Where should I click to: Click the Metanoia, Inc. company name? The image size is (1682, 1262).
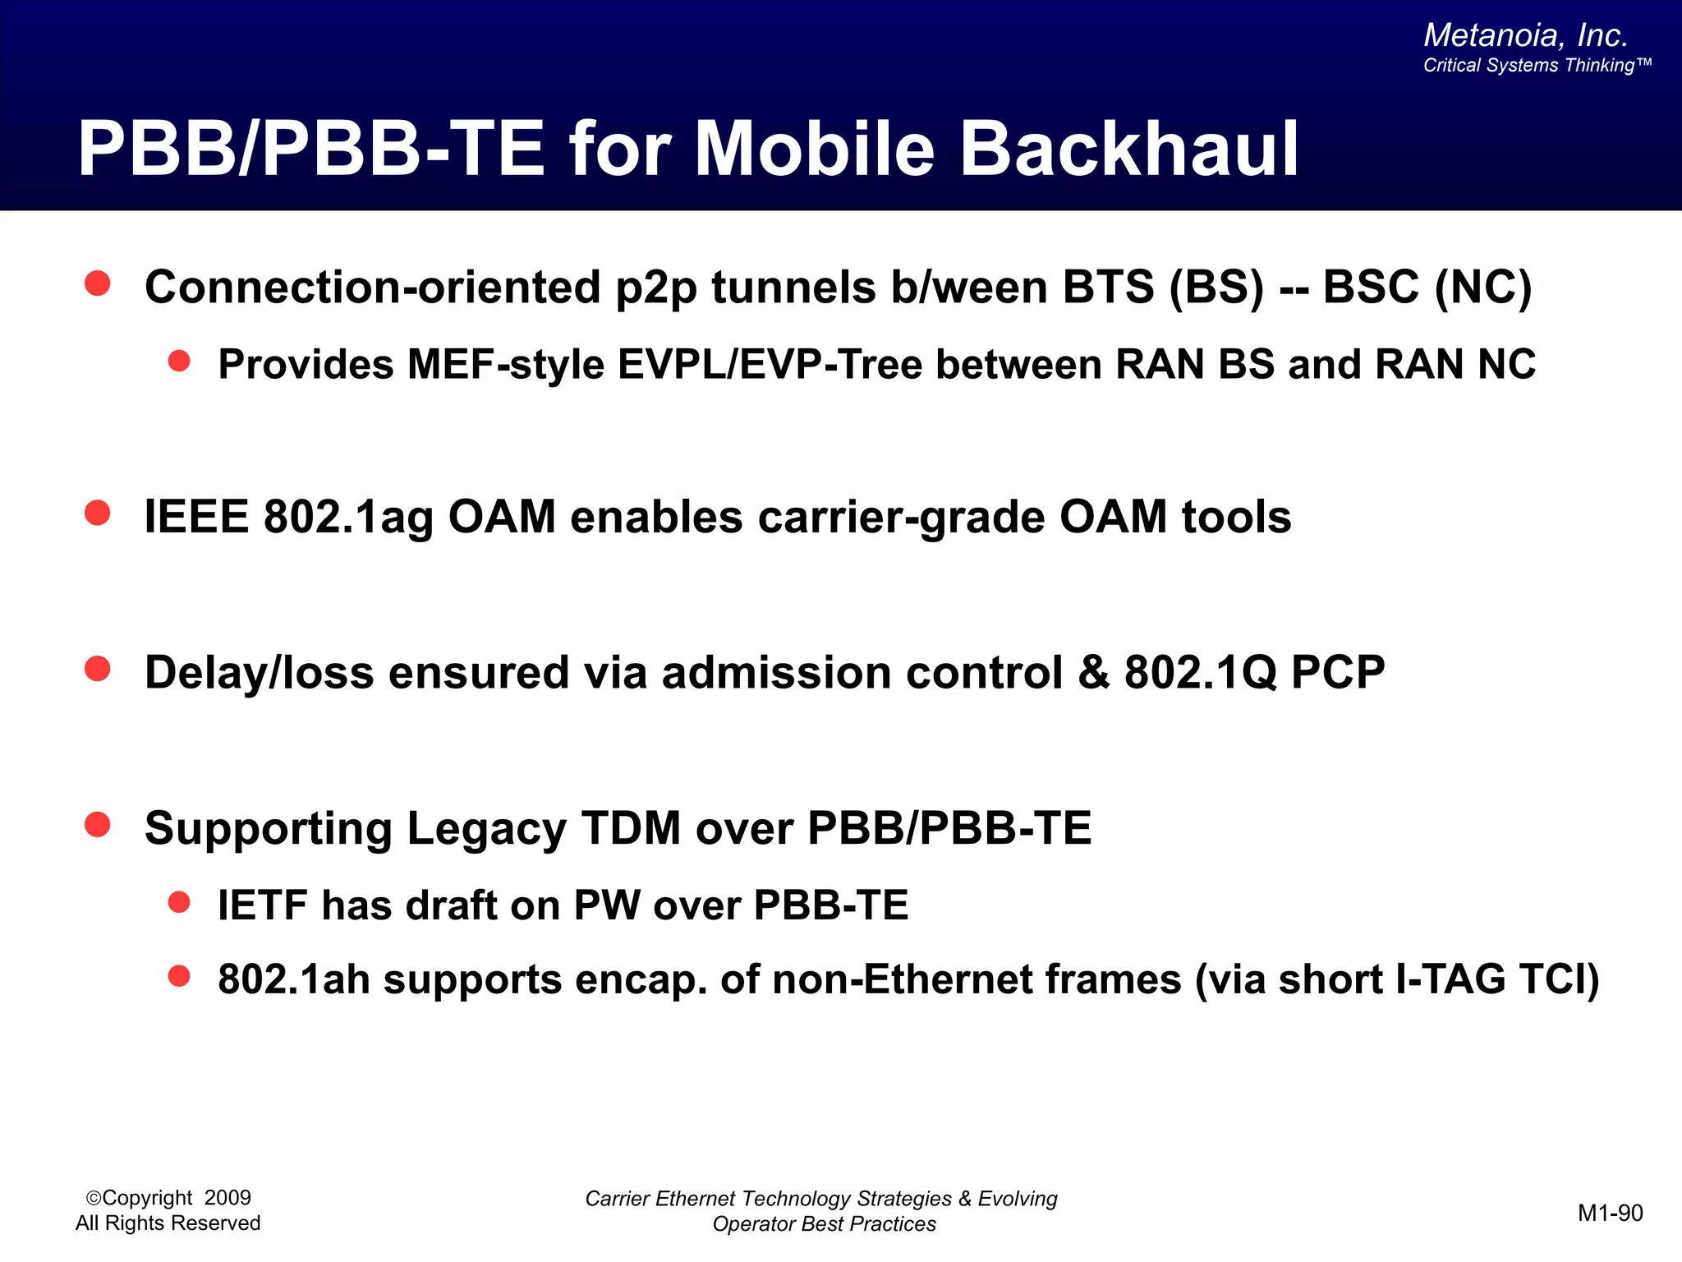[1525, 35]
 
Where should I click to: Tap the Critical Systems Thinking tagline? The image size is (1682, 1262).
[1536, 66]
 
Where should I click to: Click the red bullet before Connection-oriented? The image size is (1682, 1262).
[98, 283]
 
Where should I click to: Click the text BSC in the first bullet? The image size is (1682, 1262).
[1371, 288]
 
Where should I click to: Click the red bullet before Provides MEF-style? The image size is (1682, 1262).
[179, 361]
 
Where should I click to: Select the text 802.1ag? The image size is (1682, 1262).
[348, 518]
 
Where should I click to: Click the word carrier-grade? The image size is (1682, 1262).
[901, 518]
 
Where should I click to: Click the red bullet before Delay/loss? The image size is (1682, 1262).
[98, 669]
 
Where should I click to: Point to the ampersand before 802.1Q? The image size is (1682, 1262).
[1093, 672]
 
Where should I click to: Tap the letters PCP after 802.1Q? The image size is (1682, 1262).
[1337, 672]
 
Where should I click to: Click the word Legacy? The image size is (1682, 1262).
[486, 828]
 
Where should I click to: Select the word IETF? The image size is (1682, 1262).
[263, 905]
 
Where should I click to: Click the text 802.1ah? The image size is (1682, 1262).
[294, 979]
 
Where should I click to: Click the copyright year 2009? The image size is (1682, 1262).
[227, 1198]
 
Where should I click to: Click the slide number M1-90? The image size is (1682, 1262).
[1610, 1213]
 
